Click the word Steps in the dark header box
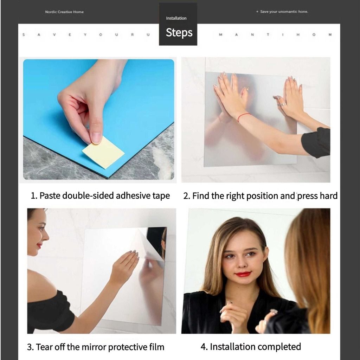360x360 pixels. coord(179,33)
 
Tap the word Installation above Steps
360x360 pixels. coord(176,18)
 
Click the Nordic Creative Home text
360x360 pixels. coord(64,12)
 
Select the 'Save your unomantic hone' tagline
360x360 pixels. coord(284,12)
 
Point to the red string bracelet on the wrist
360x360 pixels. coord(243,117)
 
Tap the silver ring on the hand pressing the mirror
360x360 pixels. coord(282,104)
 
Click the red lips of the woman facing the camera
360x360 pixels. coord(243,274)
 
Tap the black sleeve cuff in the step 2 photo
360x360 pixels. coord(316,143)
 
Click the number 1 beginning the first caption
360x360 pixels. coord(33,196)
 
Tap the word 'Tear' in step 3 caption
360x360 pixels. coord(43,347)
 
